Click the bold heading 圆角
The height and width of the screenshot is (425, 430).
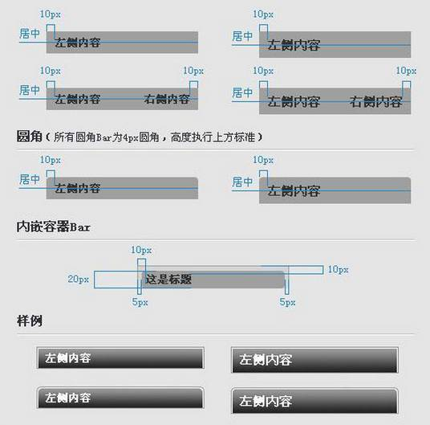(x=30, y=137)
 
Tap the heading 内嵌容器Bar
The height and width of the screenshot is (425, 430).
(x=53, y=227)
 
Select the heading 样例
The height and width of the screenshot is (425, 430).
(x=30, y=321)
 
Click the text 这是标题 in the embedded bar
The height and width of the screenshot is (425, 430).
(x=168, y=280)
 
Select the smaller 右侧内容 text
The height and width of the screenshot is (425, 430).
(x=167, y=99)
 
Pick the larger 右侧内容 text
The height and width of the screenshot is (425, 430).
(x=376, y=102)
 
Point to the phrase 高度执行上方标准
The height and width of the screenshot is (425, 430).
(x=213, y=137)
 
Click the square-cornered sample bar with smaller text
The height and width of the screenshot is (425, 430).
(x=120, y=358)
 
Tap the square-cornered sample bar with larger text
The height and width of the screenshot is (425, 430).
(x=314, y=360)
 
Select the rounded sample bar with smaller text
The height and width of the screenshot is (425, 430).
(x=120, y=398)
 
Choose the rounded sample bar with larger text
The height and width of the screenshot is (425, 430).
(x=314, y=401)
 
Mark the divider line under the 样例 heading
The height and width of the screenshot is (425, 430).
(x=215, y=334)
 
